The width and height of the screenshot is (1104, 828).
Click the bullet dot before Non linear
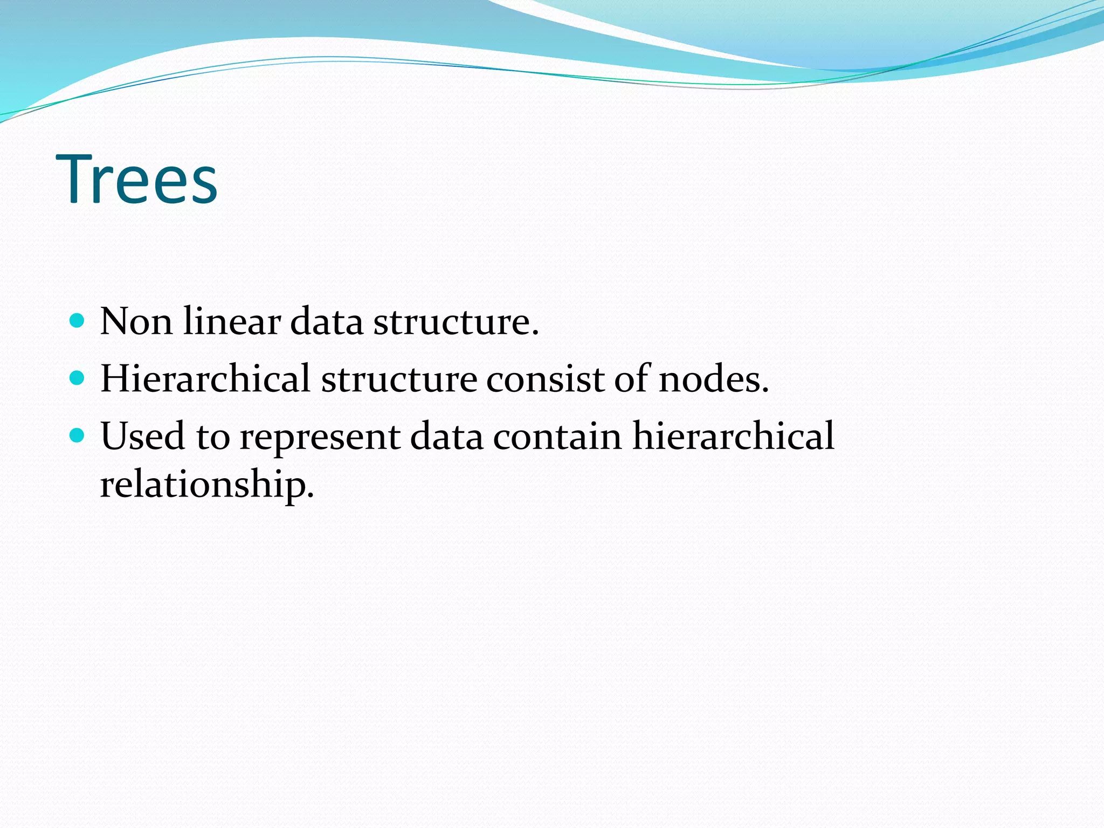78,321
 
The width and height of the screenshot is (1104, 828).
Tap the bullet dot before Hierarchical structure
78,378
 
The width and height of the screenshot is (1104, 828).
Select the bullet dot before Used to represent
78,436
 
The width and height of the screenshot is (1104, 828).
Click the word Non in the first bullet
136,321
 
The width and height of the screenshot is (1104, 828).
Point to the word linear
232,321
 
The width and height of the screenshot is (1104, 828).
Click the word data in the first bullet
327,321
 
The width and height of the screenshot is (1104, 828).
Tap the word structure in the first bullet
456,321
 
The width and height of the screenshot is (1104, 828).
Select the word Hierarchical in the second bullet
205,378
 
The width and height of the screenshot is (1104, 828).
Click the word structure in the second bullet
399,378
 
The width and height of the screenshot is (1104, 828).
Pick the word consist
545,378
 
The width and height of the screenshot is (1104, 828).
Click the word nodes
714,378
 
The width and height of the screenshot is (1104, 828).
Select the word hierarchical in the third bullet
733,436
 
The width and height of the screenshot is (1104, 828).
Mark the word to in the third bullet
213,437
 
